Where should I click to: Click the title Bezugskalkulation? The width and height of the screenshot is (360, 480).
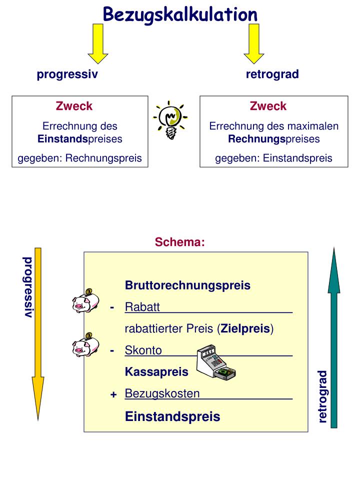click(x=180, y=14)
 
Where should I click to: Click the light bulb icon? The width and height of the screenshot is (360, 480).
click(x=170, y=120)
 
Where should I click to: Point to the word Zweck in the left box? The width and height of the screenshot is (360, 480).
click(x=74, y=106)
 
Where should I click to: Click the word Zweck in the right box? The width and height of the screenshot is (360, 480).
click(x=268, y=106)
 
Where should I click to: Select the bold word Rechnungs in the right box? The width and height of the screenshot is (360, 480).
click(x=256, y=138)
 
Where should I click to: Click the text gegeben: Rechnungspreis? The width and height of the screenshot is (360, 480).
click(x=80, y=158)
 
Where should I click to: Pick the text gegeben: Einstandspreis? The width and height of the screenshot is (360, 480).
click(x=273, y=158)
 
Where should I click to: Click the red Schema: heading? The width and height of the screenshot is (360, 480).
click(x=180, y=242)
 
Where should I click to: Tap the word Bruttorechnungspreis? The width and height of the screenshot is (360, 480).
click(x=187, y=285)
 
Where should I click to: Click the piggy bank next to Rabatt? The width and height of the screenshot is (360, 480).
click(x=84, y=301)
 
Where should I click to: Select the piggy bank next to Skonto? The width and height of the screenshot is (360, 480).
click(x=84, y=344)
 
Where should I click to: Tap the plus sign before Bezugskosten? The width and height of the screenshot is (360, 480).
click(x=113, y=395)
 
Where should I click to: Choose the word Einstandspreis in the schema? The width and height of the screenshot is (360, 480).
click(x=172, y=416)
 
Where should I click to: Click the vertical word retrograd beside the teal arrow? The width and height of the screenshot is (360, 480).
click(x=322, y=396)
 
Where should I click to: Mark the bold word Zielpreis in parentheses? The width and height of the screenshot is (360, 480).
click(x=245, y=329)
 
